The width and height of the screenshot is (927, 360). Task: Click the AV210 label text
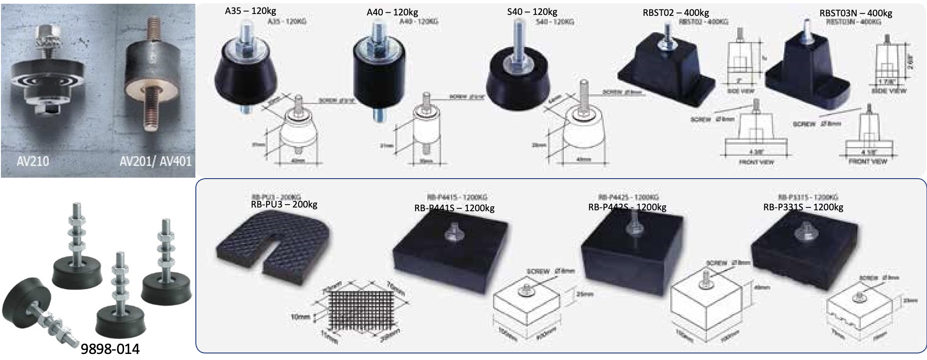33,161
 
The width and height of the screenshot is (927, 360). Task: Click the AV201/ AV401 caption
155,161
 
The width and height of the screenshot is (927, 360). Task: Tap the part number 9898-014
110,349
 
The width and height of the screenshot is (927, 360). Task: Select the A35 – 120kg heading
250,11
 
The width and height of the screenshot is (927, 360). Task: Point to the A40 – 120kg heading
392,12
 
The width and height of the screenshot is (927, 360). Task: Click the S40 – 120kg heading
532,12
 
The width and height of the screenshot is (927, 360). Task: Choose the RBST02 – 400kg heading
676,13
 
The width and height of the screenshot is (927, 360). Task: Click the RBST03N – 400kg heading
856,13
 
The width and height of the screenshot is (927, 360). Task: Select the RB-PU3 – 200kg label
284,204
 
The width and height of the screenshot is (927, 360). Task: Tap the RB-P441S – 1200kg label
454,208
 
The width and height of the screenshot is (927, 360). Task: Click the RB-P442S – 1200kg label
627,207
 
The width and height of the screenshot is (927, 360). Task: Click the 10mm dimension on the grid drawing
300,317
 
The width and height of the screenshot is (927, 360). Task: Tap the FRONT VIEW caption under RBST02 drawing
756,162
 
